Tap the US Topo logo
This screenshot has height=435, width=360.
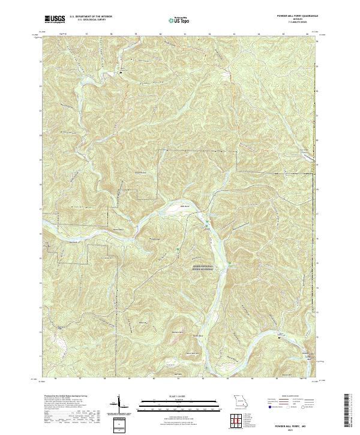179,20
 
